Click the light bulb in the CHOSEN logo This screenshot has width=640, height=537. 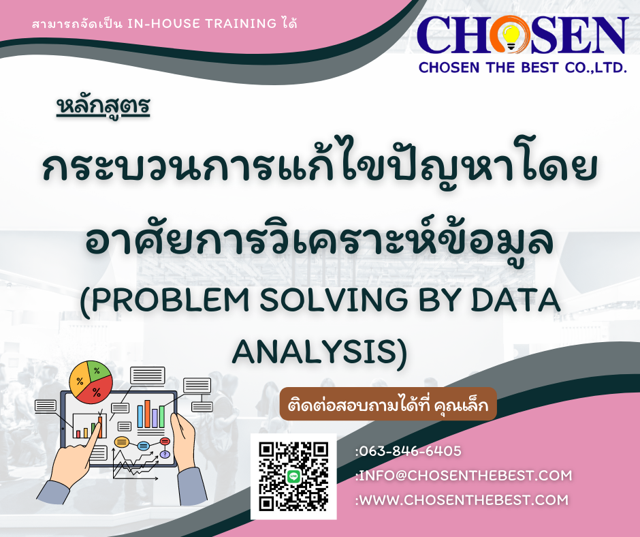(511, 36)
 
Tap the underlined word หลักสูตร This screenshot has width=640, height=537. (103, 107)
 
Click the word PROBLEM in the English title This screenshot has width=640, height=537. (170, 300)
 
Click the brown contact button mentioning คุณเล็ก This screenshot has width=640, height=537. (388, 404)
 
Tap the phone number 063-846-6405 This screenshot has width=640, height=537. (410, 451)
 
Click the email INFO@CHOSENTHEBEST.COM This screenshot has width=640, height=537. (465, 476)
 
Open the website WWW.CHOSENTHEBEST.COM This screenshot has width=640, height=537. (463, 500)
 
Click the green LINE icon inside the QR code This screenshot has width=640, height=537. (293, 476)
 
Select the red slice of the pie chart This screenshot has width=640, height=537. (97, 390)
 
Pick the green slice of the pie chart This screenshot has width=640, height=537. (98, 370)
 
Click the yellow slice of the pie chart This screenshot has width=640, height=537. (79, 380)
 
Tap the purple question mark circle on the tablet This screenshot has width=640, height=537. (165, 454)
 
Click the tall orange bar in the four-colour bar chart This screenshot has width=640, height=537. (147, 414)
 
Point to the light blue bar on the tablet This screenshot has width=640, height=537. (140, 416)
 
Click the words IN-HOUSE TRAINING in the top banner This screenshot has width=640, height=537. (202, 23)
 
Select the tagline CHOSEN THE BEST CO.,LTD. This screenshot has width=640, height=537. (522, 67)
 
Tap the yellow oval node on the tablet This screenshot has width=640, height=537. (122, 442)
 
